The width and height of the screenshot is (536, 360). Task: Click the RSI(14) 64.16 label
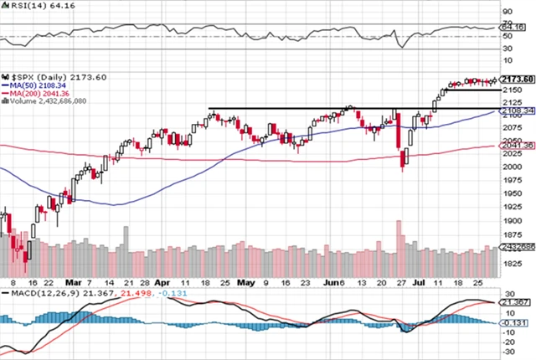coord(30,7)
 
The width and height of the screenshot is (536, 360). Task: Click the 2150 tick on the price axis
coord(512,90)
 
